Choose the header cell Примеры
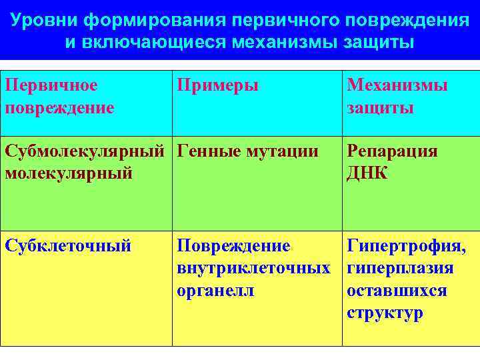click(x=217, y=85)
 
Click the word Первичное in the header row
click(x=51, y=85)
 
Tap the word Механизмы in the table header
click(x=397, y=85)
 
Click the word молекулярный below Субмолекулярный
click(x=69, y=173)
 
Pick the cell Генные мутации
click(x=247, y=151)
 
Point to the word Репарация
click(x=392, y=151)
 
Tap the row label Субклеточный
click(x=68, y=246)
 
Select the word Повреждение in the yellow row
click(x=233, y=246)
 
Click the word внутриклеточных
click(x=253, y=269)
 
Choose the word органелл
click(x=215, y=291)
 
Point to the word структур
click(x=385, y=313)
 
